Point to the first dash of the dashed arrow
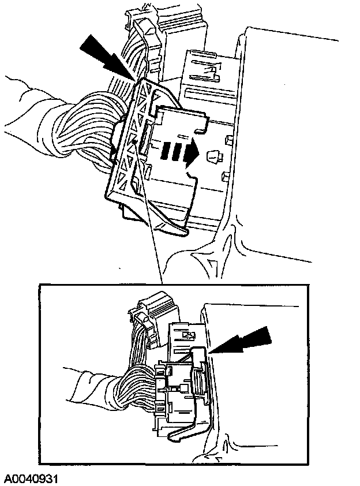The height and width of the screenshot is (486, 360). (166, 152)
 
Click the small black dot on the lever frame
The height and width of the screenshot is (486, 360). (134, 141)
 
